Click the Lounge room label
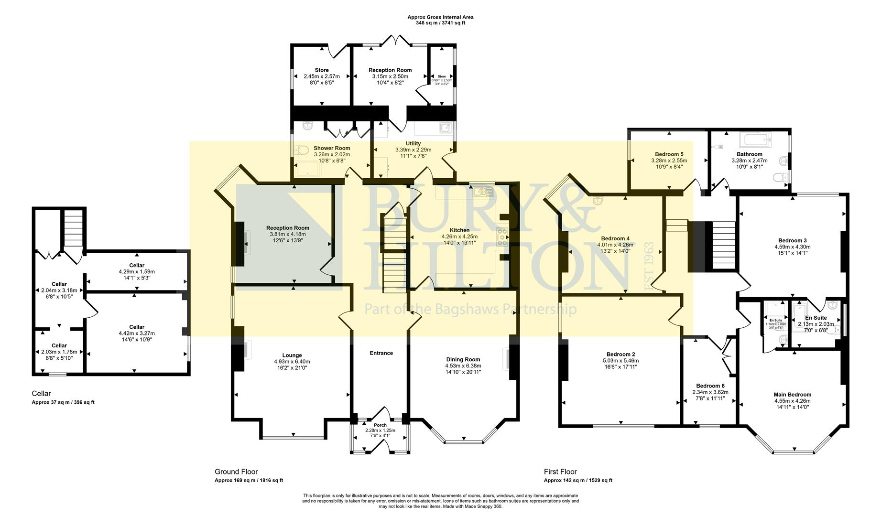tap(292, 355)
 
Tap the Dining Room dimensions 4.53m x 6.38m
tap(463, 365)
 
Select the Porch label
tap(380, 425)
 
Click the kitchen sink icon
tap(479, 192)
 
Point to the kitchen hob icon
tap(502, 237)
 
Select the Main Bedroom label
tap(792, 395)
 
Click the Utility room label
tap(413, 143)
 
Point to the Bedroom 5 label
tap(669, 154)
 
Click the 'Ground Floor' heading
tap(236, 472)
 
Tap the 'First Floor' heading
tap(560, 472)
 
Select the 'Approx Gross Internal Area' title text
tap(440, 17)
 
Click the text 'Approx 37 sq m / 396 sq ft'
tap(63, 402)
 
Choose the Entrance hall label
tap(381, 353)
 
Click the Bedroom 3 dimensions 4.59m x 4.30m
tap(792, 247)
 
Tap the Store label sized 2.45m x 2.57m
tap(321, 70)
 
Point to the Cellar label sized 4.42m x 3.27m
tap(137, 327)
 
